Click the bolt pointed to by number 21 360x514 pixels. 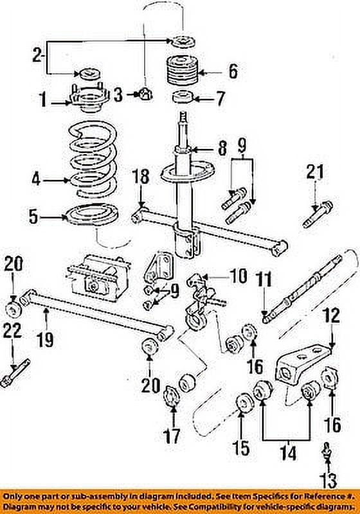coord(315,216)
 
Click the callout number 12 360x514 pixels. coord(330,316)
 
